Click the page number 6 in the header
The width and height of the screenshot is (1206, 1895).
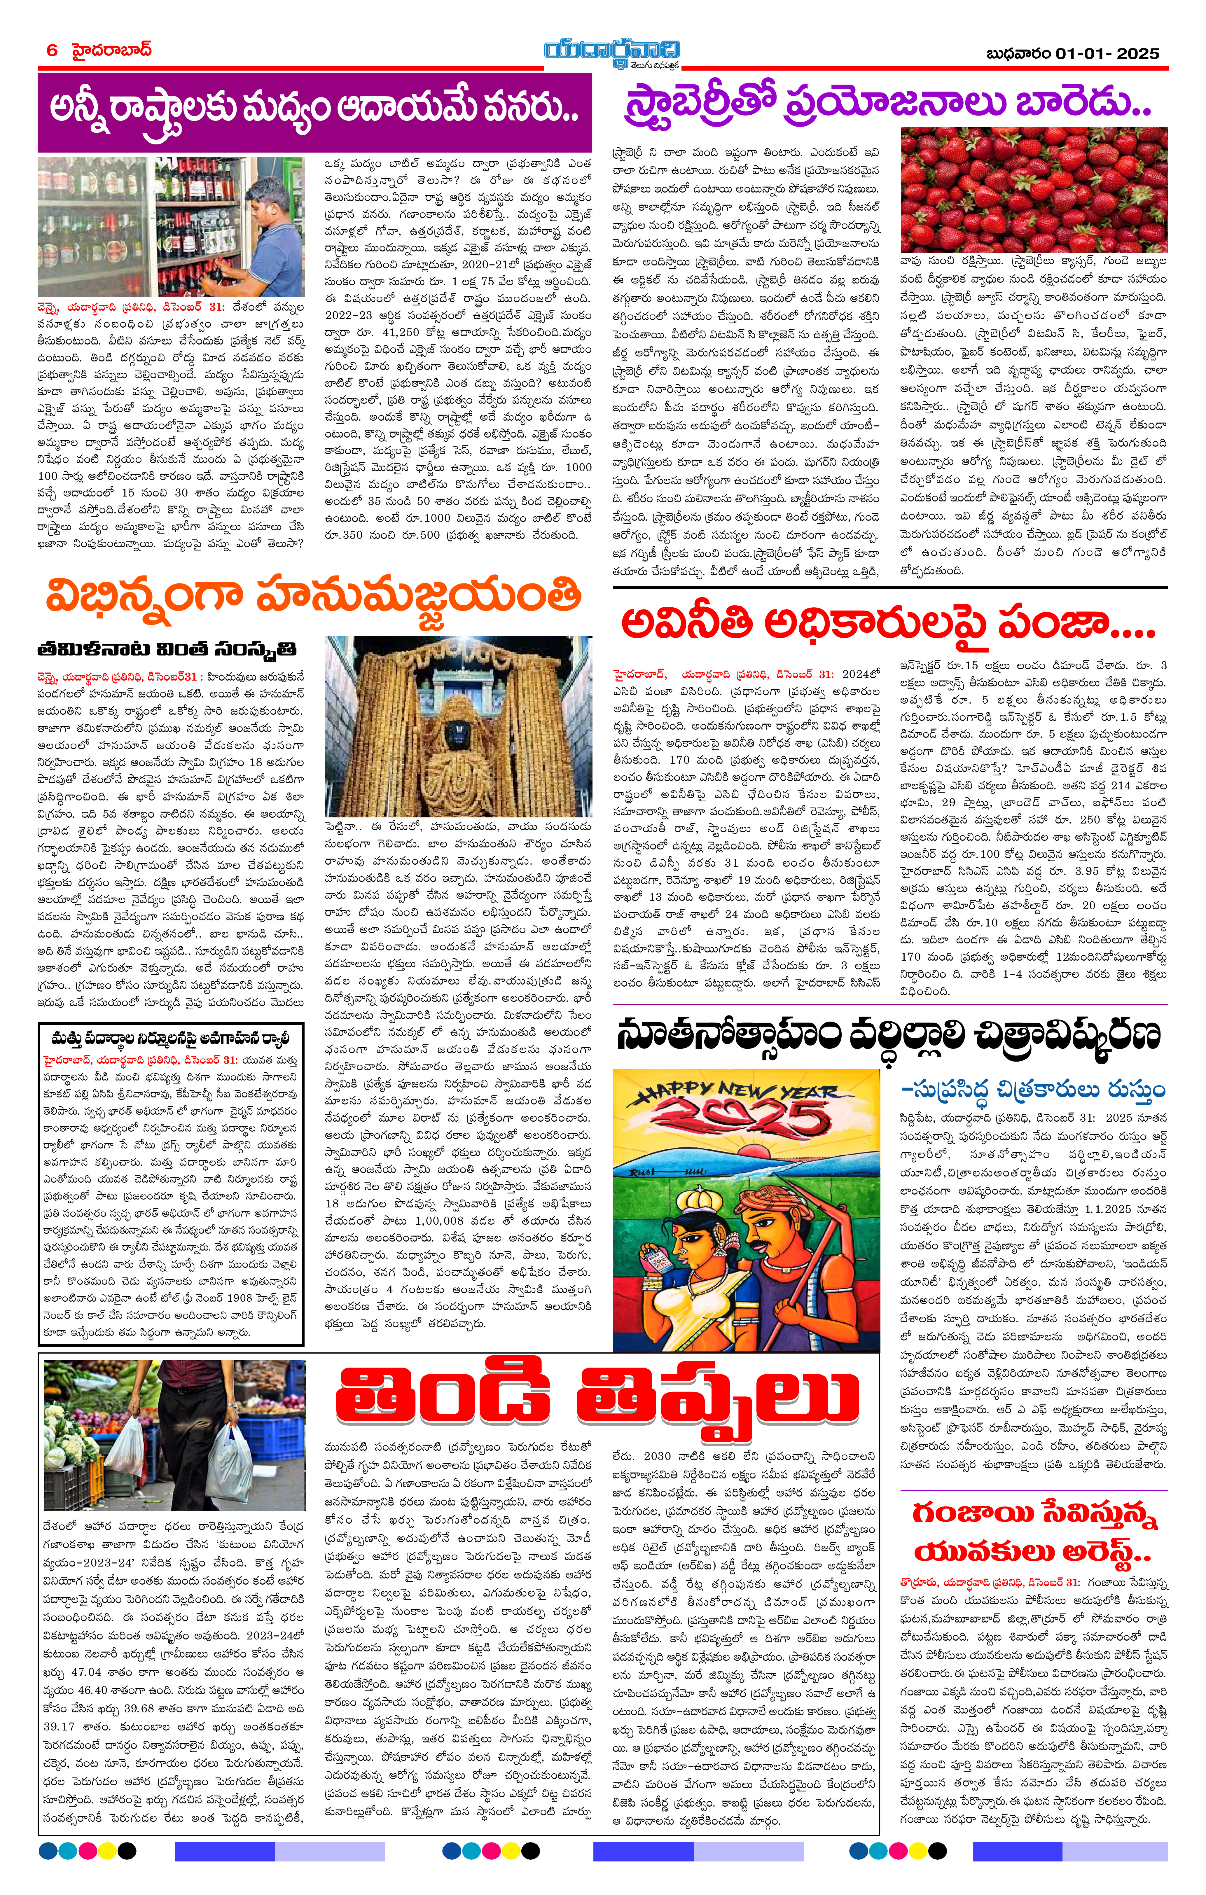click(52, 50)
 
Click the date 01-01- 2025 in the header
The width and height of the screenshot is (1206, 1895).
click(1107, 53)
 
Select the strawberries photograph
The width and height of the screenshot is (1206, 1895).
click(1034, 190)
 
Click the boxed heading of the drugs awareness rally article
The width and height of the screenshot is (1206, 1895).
click(171, 1037)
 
